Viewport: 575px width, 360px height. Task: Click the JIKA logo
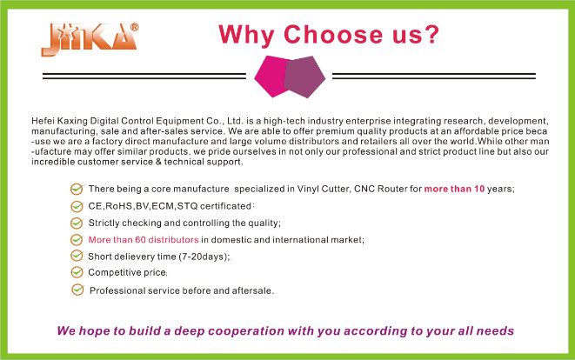pyautogui.click(x=90, y=40)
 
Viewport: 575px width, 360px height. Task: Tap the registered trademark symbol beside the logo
pyautogui.click(x=134, y=28)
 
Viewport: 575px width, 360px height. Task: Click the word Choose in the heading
pyautogui.click(x=333, y=35)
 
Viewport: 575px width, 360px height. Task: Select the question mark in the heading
pyautogui.click(x=432, y=35)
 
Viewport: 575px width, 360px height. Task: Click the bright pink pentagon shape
pyautogui.click(x=271, y=77)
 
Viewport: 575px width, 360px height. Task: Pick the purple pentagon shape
pyautogui.click(x=304, y=77)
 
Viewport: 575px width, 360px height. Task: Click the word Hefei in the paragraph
pyautogui.click(x=41, y=121)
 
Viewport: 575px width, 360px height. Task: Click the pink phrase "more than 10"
pyautogui.click(x=454, y=189)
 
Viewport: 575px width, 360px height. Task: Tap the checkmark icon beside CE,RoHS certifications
pyautogui.click(x=77, y=206)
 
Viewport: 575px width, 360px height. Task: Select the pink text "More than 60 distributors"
pyautogui.click(x=144, y=240)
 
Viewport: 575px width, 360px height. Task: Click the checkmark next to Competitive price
pyautogui.click(x=77, y=272)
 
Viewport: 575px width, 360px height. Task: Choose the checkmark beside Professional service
pyautogui.click(x=77, y=290)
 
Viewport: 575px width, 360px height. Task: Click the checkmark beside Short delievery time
pyautogui.click(x=77, y=256)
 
